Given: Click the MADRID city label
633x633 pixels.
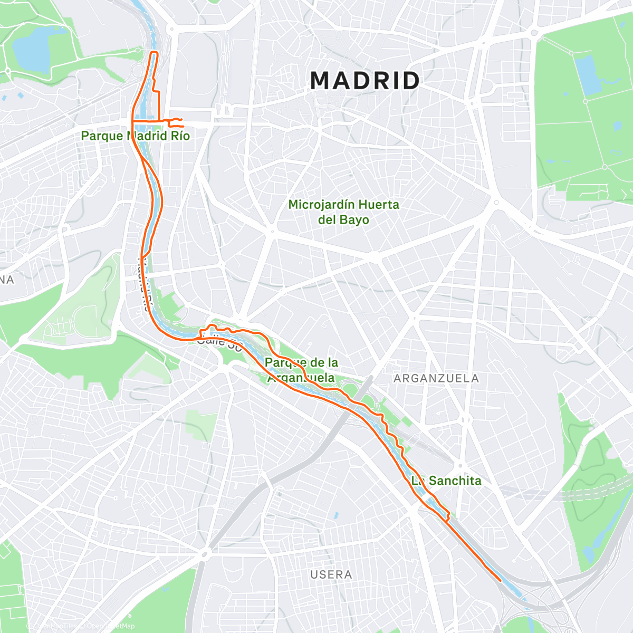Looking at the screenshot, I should [x=365, y=81].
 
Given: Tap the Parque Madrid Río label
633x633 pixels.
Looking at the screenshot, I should [x=135, y=136].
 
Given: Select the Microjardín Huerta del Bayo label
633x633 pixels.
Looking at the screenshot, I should [x=343, y=212].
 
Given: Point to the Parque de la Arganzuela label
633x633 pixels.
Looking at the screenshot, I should [x=301, y=370].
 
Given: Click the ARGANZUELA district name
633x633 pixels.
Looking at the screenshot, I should [x=436, y=378].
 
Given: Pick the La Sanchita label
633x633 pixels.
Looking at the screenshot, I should [x=447, y=481].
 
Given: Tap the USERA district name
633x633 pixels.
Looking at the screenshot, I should [x=331, y=574].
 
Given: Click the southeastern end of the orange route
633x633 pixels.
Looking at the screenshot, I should [x=500, y=580].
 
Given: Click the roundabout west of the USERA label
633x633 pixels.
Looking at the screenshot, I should [x=205, y=553].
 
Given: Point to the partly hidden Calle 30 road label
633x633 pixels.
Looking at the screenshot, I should [x=219, y=342].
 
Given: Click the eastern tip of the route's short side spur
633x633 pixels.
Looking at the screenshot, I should [x=183, y=126].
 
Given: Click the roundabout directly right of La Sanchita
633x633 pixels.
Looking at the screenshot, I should [x=460, y=465].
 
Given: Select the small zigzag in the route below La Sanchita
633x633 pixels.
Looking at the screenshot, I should [x=446, y=515].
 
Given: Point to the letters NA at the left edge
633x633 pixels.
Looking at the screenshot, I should [x=6, y=280].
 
